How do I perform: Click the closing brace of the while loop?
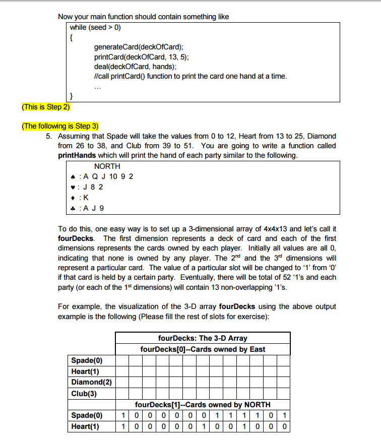72,96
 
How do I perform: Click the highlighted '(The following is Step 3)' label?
60,126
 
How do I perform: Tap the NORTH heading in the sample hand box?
107,166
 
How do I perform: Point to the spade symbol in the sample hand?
74,177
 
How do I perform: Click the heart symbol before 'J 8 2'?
74,187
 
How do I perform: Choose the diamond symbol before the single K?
74,198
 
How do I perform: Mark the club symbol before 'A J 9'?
74,208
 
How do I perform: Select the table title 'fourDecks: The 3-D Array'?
203,338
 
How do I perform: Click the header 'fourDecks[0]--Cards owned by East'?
203,349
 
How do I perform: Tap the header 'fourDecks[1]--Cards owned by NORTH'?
203,404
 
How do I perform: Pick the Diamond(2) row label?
91,382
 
